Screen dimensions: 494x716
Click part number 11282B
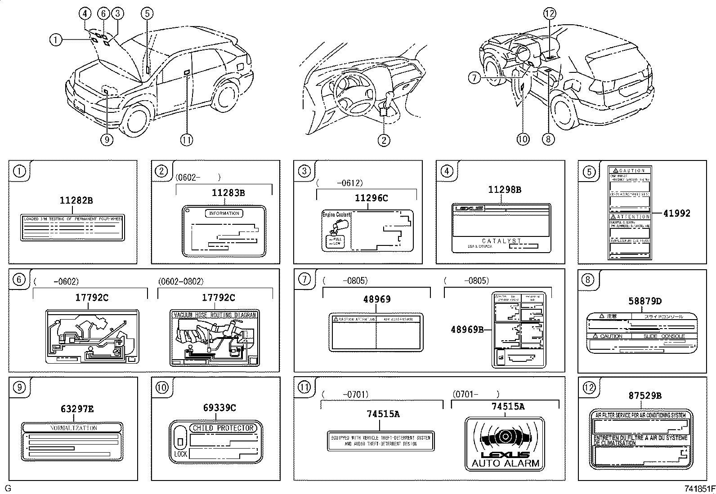pyautogui.click(x=76, y=201)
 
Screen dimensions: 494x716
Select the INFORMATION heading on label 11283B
pyautogui.click(x=224, y=214)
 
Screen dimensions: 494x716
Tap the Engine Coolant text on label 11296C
pyautogui.click(x=336, y=215)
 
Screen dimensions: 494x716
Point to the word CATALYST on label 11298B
pyautogui.click(x=501, y=241)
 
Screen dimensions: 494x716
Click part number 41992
pyautogui.click(x=676, y=214)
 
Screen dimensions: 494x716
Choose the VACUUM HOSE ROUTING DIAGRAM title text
pyautogui.click(x=215, y=315)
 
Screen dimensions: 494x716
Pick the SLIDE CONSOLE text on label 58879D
pyautogui.click(x=663, y=336)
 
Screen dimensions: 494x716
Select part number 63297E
pyautogui.click(x=77, y=409)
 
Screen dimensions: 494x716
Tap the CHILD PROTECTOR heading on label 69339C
pyautogui.click(x=223, y=428)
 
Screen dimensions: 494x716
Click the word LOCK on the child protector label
pyautogui.click(x=180, y=454)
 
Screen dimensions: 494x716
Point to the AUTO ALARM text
pyautogui.click(x=505, y=463)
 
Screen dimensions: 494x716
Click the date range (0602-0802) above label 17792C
pyautogui.click(x=180, y=281)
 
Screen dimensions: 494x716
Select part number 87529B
pyautogui.click(x=645, y=396)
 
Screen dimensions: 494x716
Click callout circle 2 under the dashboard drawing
pyautogui.click(x=383, y=140)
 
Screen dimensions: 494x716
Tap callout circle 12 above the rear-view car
pyautogui.click(x=549, y=13)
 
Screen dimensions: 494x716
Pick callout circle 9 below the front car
pyautogui.click(x=107, y=140)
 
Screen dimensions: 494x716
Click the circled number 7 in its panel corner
pyautogui.click(x=304, y=279)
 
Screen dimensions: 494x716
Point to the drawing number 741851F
pyautogui.click(x=699, y=489)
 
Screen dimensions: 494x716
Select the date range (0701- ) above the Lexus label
pyautogui.click(x=475, y=394)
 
